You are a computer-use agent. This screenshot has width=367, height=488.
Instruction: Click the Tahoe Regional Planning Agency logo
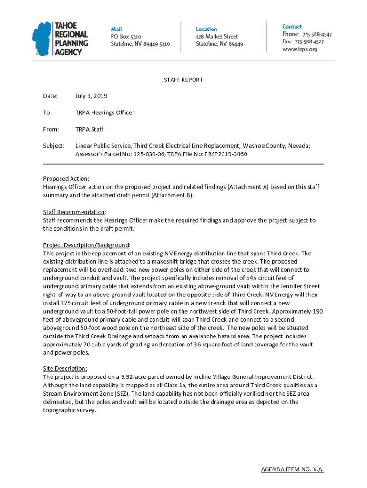[x=60, y=39]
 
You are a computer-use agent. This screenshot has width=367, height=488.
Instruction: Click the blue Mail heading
[x=116, y=29]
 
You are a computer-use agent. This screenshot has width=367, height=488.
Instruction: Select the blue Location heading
[x=206, y=29]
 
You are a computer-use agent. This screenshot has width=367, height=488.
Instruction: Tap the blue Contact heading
[x=292, y=27]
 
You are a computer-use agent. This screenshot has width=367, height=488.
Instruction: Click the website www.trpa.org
[x=299, y=49]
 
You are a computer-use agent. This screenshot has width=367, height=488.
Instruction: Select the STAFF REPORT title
[x=183, y=80]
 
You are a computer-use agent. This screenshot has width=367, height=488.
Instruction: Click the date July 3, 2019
[x=91, y=96]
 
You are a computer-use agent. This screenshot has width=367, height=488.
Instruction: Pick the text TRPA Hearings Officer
[x=105, y=113]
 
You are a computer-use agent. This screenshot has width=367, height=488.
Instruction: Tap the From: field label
[x=51, y=130]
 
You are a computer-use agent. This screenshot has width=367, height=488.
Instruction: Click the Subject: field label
[x=54, y=146]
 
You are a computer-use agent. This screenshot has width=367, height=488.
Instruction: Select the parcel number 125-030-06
[x=130, y=154]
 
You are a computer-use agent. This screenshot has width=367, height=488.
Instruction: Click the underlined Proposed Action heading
[x=65, y=179]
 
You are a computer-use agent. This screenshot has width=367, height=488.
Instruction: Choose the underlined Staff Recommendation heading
[x=74, y=212]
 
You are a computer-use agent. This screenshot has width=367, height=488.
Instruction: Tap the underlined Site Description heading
[x=65, y=369]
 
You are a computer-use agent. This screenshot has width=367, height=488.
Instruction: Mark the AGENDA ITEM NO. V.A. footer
[x=292, y=469]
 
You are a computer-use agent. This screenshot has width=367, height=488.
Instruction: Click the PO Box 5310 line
[x=126, y=36]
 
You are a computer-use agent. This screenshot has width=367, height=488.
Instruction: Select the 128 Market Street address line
[x=217, y=36]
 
